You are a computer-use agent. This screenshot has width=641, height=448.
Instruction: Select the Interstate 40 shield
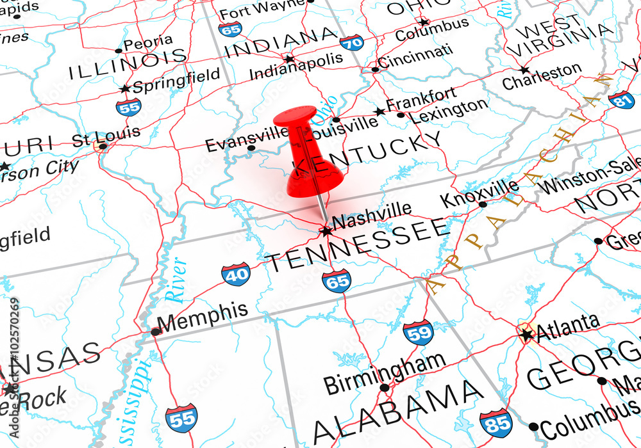click(236, 274)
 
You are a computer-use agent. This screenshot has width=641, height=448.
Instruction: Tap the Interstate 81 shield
click(621, 100)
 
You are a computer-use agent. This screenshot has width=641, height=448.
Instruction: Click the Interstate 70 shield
click(352, 43)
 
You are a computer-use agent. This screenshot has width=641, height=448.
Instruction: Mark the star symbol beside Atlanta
click(527, 334)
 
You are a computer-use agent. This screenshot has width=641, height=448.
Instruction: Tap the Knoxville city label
click(479, 193)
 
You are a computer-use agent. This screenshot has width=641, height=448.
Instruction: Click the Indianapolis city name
click(296, 66)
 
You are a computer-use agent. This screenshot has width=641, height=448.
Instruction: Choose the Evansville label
click(246, 139)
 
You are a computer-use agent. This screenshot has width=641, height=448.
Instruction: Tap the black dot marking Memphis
click(156, 332)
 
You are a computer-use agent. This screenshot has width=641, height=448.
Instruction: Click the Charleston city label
click(542, 76)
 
